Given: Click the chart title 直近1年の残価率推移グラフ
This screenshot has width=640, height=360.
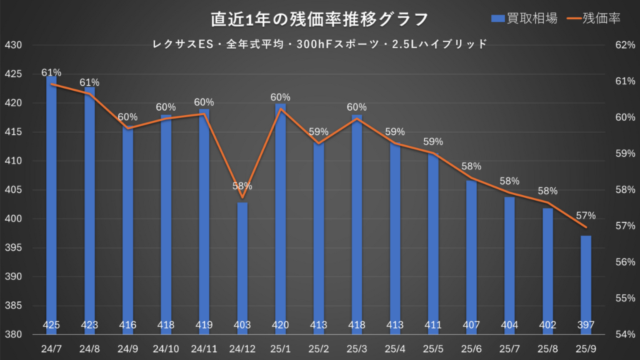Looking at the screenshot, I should pyautogui.click(x=319, y=19).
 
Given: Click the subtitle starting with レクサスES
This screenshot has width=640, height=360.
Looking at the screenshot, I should pyautogui.click(x=319, y=44).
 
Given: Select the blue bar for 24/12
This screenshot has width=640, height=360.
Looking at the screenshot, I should pyautogui.click(x=242, y=269).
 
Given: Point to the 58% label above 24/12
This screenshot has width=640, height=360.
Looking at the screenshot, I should pyautogui.click(x=242, y=186).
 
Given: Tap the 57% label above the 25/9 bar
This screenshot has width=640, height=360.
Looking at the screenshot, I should pyautogui.click(x=586, y=216).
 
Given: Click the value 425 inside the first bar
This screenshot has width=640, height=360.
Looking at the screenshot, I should pyautogui.click(x=51, y=325).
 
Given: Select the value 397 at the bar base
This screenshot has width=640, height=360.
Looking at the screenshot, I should pyautogui.click(x=586, y=325).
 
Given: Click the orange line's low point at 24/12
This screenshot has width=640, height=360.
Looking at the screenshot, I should pyautogui.click(x=242, y=197).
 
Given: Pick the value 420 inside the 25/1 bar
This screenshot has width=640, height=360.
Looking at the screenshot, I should pyautogui.click(x=280, y=325).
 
